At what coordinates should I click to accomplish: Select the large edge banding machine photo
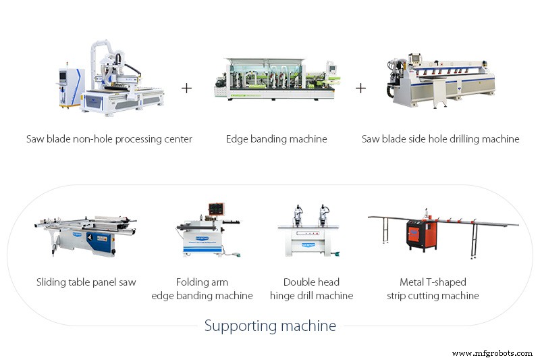coord(277,79)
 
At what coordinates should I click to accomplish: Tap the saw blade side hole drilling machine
coord(440,80)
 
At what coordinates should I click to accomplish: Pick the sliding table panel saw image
coord(86,236)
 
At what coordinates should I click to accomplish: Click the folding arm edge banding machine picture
coord(209,231)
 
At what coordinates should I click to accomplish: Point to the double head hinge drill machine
coord(309,231)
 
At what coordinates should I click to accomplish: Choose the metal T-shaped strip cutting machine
coord(443,234)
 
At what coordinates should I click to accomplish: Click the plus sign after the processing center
coord(186,88)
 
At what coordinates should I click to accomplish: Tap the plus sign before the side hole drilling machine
coord(360,88)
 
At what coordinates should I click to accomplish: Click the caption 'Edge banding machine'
coord(277,139)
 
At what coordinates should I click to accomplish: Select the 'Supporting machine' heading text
coord(270,326)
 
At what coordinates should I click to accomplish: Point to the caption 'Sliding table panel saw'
coord(86,282)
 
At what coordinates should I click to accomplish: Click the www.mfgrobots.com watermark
coord(492,353)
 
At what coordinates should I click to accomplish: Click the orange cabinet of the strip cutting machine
coord(421,235)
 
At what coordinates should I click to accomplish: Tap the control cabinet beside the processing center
coord(70,87)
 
